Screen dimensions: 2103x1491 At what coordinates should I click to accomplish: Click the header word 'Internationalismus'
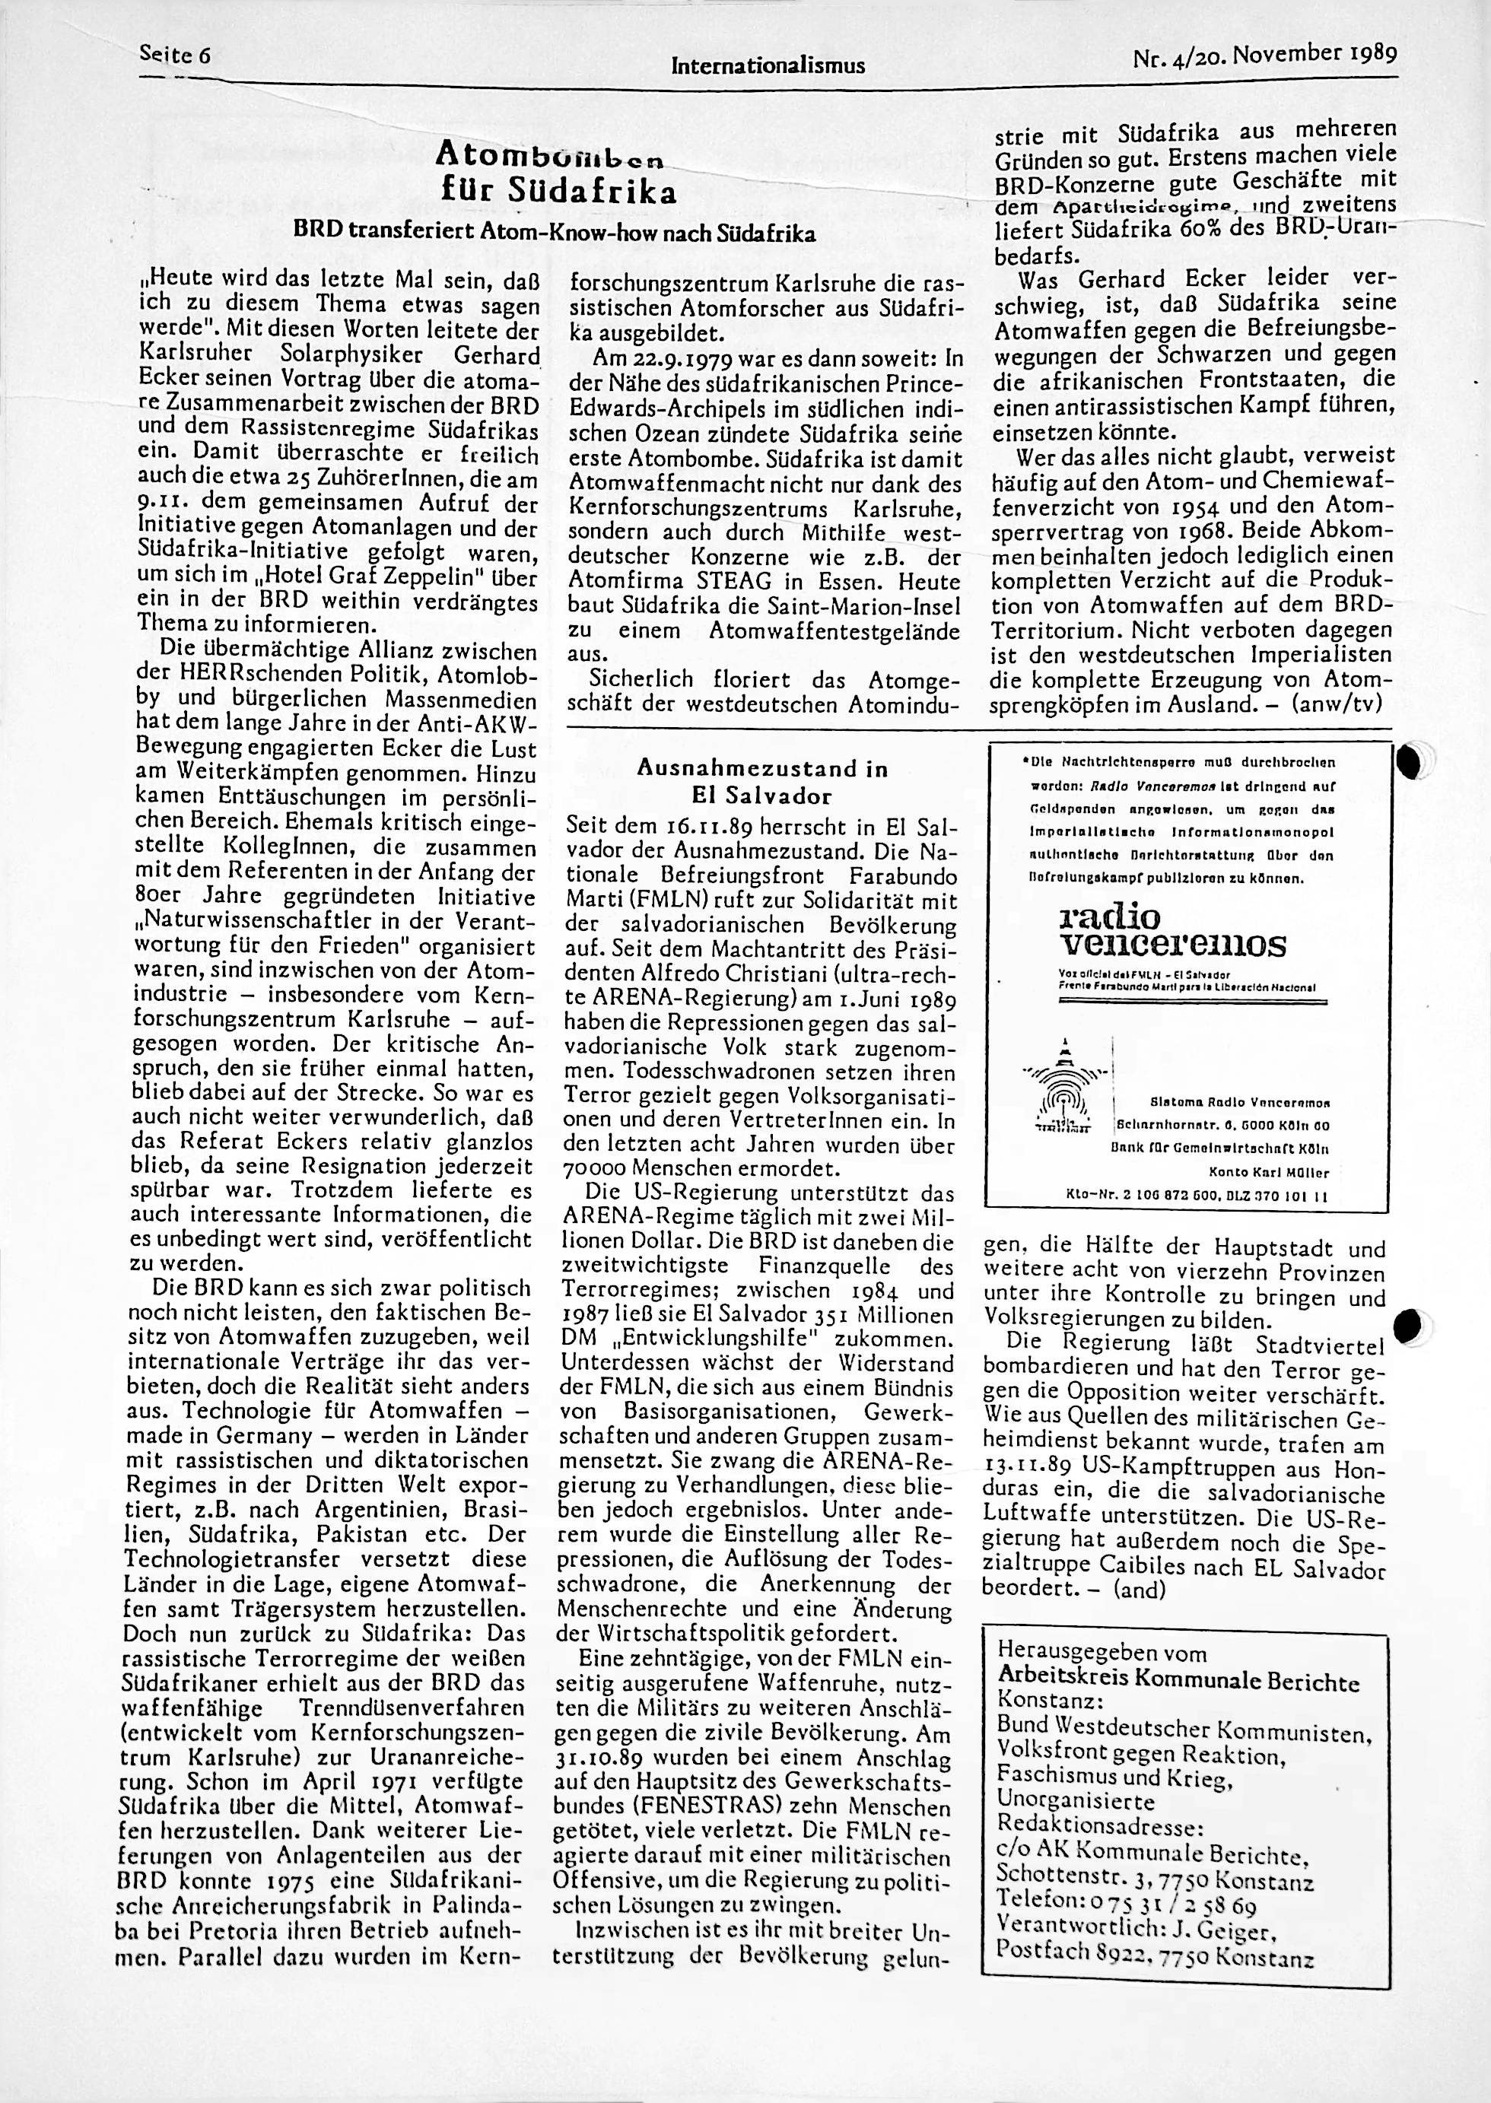coord(768,66)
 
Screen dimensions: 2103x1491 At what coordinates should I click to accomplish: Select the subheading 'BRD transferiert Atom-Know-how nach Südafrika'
coord(553,234)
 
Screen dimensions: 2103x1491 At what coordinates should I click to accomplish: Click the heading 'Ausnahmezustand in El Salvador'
coord(762,781)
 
